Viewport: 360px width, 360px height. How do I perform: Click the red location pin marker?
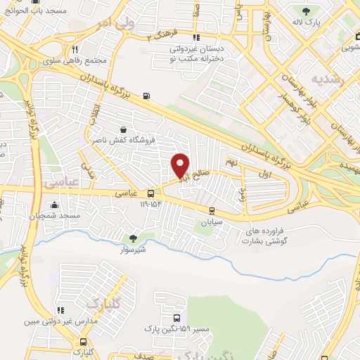coord(181,165)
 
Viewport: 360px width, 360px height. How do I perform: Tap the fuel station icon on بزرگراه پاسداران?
coord(146,96)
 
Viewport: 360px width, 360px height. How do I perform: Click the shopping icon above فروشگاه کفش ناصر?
coord(124,129)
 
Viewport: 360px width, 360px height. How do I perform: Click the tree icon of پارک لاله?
coord(306,11)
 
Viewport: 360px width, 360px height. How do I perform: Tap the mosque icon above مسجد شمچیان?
coord(54,205)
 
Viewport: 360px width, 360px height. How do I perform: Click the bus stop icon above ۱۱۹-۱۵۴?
coord(150,194)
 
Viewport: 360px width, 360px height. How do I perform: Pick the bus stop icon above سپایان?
coord(212,210)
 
